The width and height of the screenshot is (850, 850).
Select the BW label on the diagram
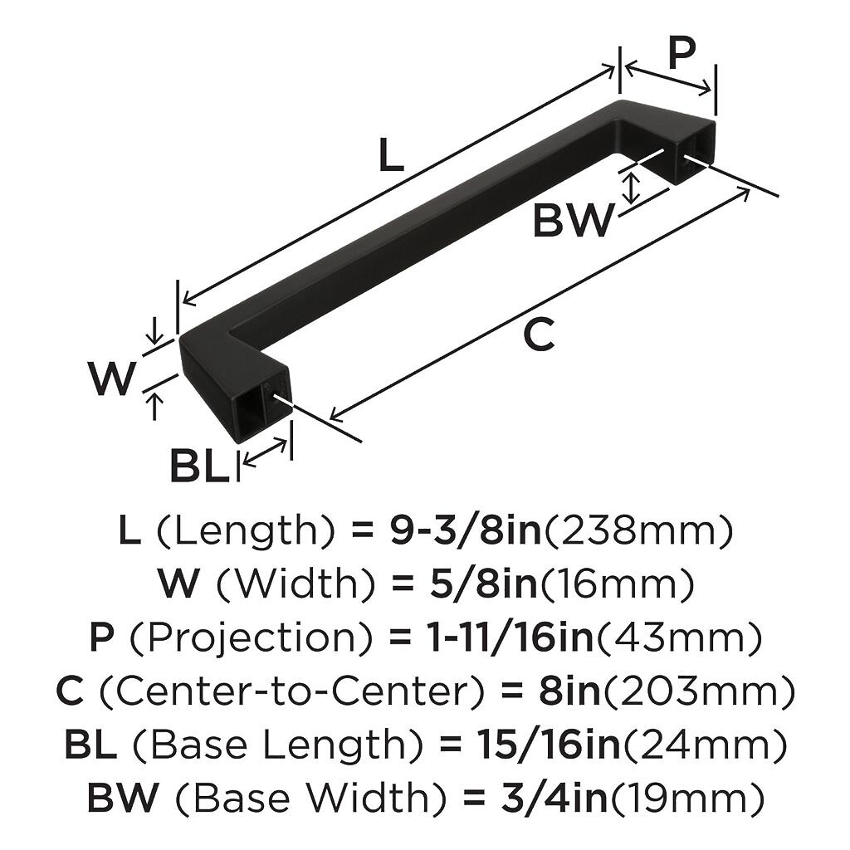tap(573, 221)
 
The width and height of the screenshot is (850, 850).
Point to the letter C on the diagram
tap(539, 335)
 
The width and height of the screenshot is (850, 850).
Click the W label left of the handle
tap(112, 379)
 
